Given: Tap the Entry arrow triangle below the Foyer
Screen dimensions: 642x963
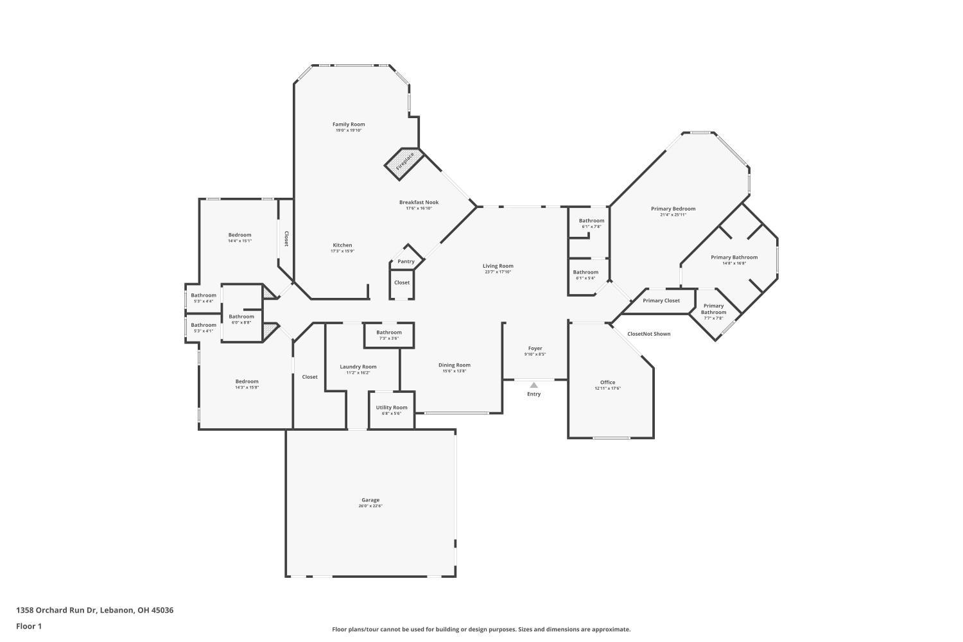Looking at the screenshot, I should [x=534, y=385].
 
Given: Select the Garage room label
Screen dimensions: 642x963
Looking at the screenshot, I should [x=370, y=500].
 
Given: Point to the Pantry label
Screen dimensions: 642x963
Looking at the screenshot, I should [x=406, y=261].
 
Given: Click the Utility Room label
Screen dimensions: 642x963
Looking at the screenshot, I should [x=392, y=408].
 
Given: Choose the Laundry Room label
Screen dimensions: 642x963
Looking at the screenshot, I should [x=358, y=367].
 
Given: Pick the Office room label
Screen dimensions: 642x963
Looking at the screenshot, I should [x=607, y=383].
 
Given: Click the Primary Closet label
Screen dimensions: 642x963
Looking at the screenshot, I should [x=661, y=300].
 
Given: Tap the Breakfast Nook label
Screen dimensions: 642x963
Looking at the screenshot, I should [x=419, y=202].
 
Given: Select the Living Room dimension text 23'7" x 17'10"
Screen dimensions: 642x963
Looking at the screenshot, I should [x=498, y=272].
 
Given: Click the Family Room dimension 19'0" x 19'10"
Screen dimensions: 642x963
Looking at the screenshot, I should [x=349, y=130].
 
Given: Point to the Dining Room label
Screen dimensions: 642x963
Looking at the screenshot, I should [x=455, y=365].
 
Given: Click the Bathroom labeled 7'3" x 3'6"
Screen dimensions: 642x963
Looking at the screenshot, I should [x=389, y=333].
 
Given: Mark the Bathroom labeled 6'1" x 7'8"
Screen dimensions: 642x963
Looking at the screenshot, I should [x=591, y=221].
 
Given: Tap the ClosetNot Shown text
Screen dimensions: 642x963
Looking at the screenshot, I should [x=648, y=334].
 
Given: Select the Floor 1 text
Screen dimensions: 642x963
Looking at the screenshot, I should [x=29, y=626].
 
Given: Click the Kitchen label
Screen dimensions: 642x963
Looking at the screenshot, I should [x=342, y=245].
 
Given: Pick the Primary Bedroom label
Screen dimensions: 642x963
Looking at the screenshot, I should [x=673, y=209].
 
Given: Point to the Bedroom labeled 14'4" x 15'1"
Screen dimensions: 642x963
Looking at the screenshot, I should [x=240, y=235].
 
